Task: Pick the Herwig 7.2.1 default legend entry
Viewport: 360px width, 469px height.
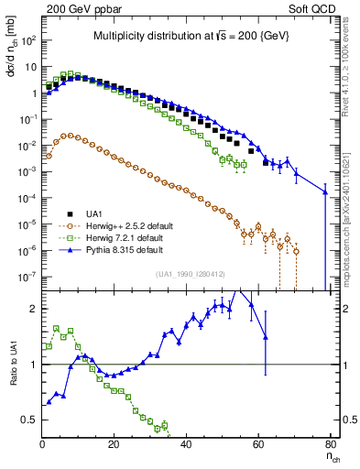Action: click(x=111, y=235)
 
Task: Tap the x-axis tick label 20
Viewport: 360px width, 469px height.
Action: click(x=114, y=443)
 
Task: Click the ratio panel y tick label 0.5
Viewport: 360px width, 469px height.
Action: click(x=29, y=420)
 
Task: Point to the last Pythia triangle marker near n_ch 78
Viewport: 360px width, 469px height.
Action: click(x=325, y=191)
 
